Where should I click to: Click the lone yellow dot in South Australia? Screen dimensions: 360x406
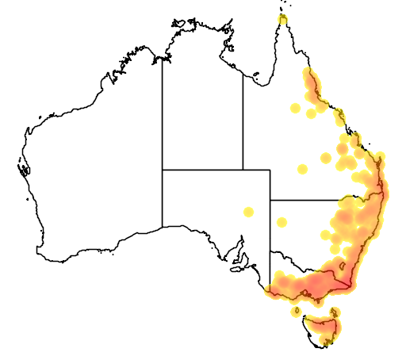coord(248,212)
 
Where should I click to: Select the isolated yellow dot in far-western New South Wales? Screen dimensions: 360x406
coord(282,221)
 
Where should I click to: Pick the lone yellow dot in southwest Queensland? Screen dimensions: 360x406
coord(301,168)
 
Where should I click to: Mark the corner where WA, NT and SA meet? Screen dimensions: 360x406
coord(163,170)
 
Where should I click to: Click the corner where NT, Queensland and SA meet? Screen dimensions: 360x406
coord(243,170)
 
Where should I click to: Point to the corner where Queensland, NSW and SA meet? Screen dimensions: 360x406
coord(270,200)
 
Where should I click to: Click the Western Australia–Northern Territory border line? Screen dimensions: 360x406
coord(163,119)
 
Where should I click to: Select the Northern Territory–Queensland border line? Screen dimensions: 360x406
coord(243,119)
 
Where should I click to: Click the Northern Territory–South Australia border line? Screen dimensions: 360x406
coord(202,170)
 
